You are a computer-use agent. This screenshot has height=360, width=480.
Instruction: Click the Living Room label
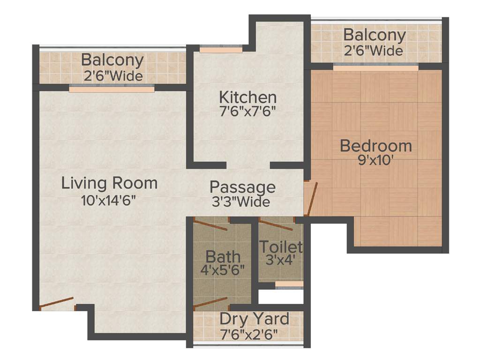(x=109, y=183)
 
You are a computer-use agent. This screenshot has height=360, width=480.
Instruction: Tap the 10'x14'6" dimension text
(x=108, y=201)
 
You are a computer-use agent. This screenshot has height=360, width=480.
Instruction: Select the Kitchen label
(x=248, y=97)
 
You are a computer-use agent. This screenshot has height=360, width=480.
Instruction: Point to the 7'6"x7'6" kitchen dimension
(x=248, y=112)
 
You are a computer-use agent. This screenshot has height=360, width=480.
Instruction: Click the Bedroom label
(x=375, y=146)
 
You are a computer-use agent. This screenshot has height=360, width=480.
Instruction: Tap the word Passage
(x=242, y=187)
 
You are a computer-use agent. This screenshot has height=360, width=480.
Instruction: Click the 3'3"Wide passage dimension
(x=240, y=202)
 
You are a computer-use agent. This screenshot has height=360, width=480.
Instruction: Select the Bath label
(x=223, y=256)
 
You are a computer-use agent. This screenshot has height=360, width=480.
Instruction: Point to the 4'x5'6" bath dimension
(x=223, y=270)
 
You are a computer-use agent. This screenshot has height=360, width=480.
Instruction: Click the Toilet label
(x=281, y=246)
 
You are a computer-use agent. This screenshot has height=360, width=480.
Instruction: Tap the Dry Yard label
(x=254, y=319)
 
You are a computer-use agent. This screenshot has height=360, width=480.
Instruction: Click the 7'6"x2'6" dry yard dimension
(x=249, y=334)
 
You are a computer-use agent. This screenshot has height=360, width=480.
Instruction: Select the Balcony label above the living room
(x=112, y=60)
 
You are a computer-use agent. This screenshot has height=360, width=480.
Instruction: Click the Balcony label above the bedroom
(x=374, y=35)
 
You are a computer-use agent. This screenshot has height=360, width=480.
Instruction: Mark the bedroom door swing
(x=311, y=198)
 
